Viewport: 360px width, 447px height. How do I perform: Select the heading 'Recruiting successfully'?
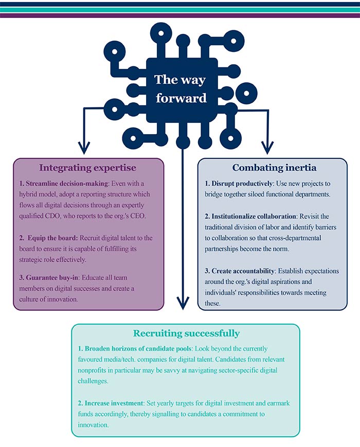pyautogui.click(x=186, y=333)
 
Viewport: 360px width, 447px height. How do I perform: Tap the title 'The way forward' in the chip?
pyautogui.click(x=180, y=88)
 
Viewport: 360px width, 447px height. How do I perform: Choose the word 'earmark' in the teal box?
pyautogui.click(x=276, y=403)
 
